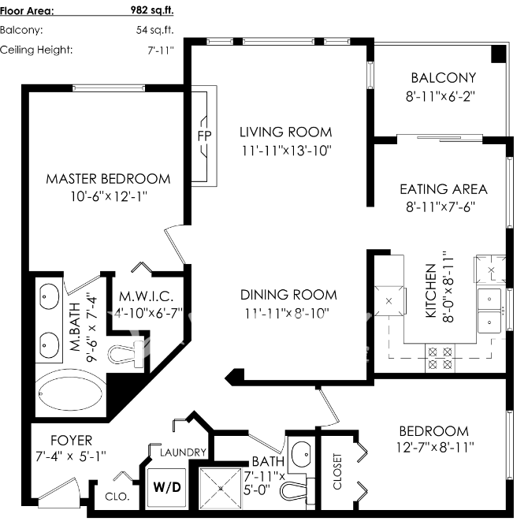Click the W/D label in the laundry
167,487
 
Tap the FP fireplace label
204,136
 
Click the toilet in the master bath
126,354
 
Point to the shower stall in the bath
221,488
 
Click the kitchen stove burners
440,358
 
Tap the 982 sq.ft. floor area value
152,10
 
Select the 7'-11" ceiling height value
161,50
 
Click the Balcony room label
444,78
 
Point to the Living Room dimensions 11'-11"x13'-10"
287,151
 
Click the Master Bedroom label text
108,179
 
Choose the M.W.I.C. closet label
146,296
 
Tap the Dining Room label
288,295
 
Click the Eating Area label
444,189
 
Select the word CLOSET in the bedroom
337,471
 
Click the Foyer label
71,441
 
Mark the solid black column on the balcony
499,54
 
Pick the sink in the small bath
301,455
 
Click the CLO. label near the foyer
117,497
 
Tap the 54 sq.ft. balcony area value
155,30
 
